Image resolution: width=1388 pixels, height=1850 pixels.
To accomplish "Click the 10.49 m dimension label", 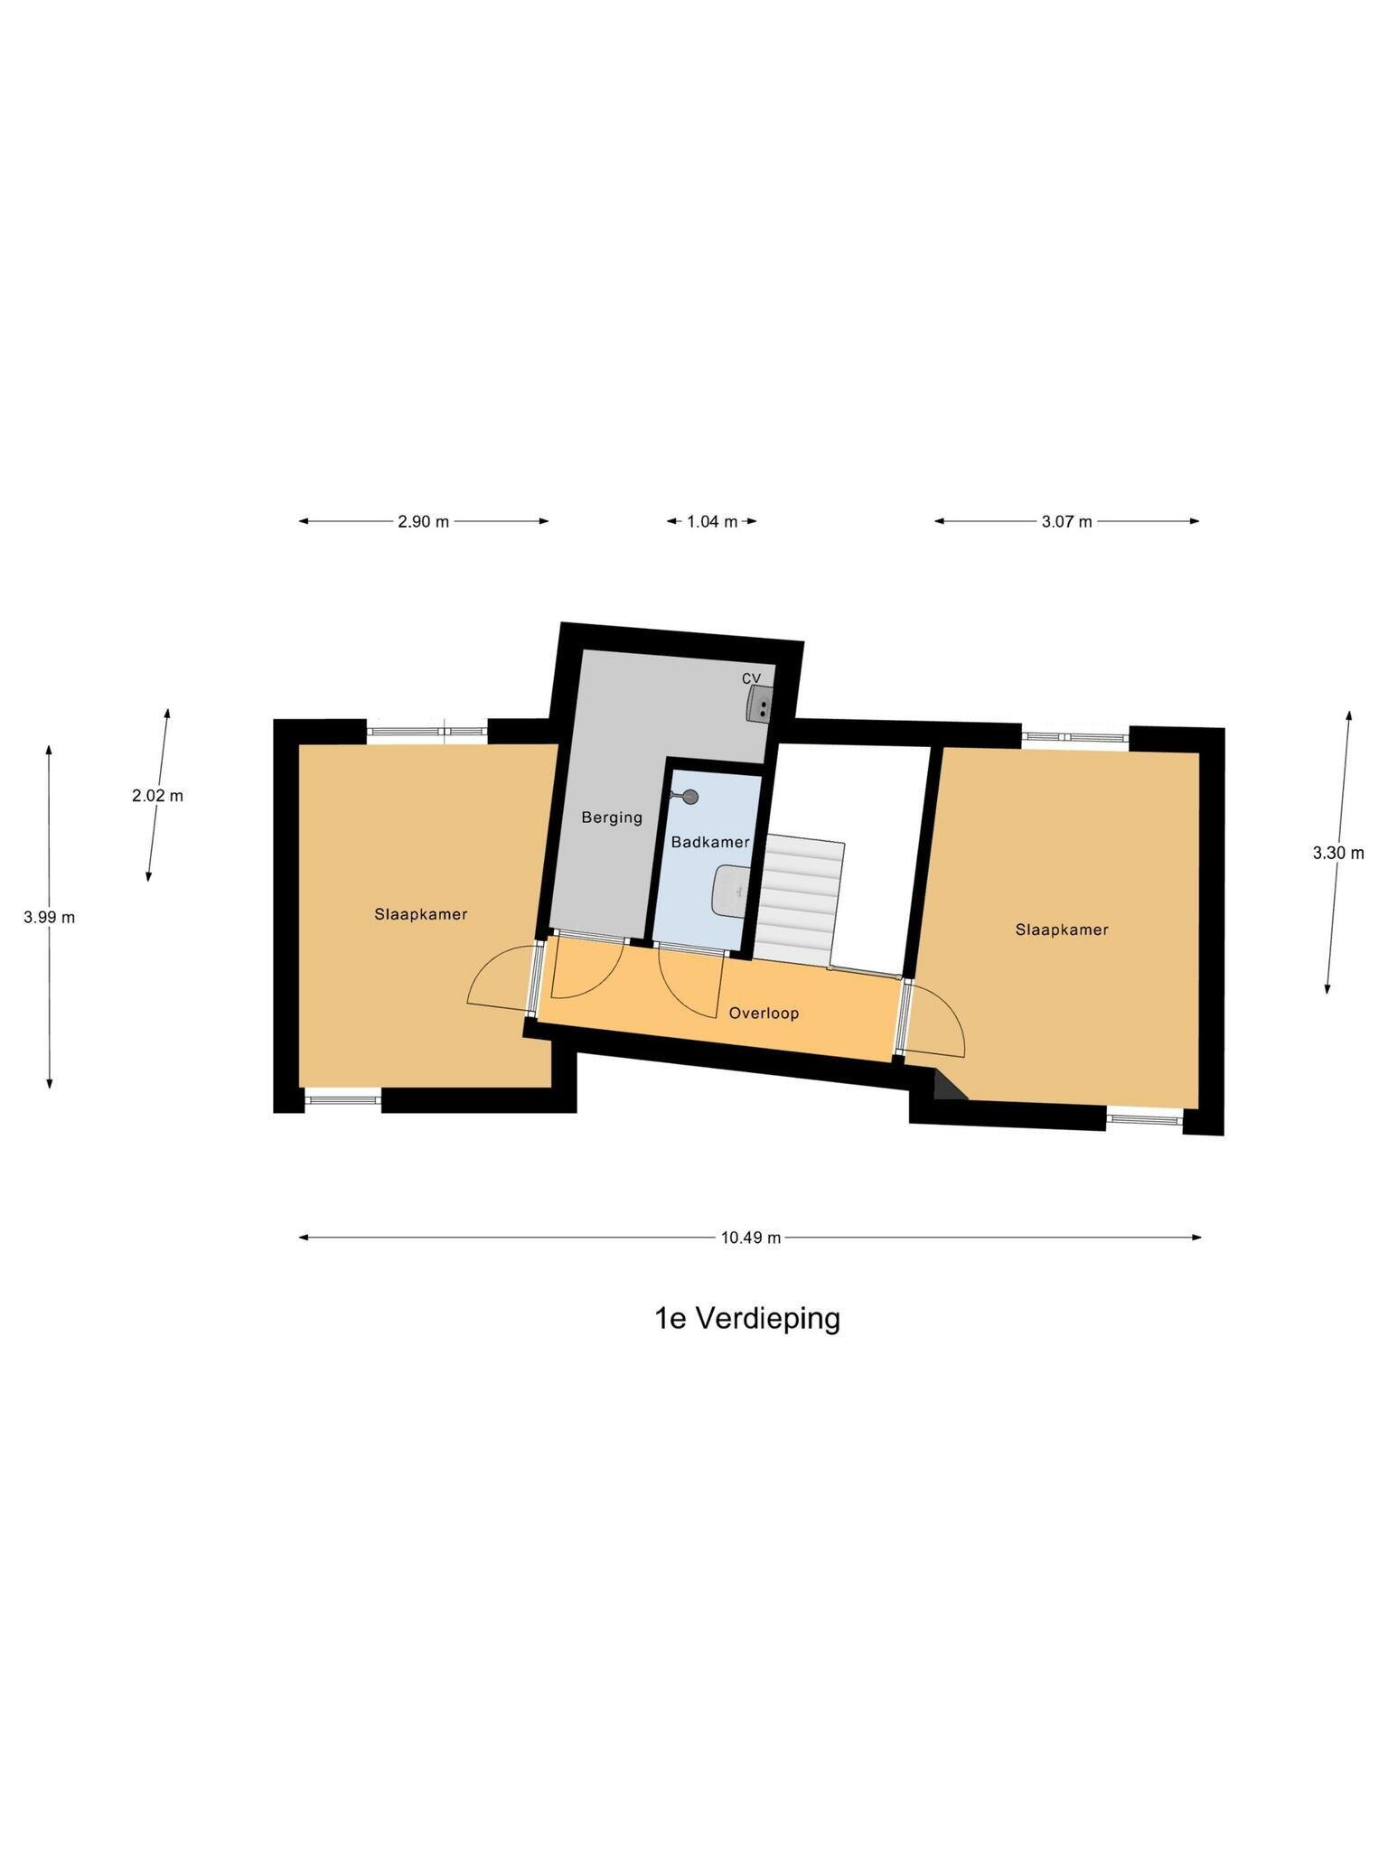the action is tap(750, 1238).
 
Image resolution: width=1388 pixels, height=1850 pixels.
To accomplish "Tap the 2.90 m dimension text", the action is tap(423, 521).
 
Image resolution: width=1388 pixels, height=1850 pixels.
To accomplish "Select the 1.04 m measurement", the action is tap(712, 521).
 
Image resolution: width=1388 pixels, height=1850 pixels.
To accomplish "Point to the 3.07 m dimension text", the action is tap(1066, 521).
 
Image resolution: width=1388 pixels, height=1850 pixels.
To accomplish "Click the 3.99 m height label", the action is tap(49, 917).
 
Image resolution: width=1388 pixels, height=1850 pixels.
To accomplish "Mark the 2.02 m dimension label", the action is tap(157, 796).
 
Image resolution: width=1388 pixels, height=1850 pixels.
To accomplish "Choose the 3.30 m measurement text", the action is tap(1338, 853).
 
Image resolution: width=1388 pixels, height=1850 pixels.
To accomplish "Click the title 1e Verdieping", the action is tap(747, 1319).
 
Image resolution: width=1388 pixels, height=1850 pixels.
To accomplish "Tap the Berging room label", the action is tap(612, 818).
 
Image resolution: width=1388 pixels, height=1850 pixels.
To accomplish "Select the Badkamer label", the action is tap(710, 842).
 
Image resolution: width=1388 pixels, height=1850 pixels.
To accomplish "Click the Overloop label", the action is tap(764, 1014).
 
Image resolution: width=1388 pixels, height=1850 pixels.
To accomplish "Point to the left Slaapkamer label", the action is tap(421, 914).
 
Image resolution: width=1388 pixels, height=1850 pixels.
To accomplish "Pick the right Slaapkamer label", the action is tap(1062, 930).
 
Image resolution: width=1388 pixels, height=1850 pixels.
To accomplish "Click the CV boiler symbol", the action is tap(759, 704).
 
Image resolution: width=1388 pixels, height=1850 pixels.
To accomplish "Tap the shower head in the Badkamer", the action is tap(689, 796).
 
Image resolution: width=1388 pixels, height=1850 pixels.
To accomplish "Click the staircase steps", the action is tap(799, 902).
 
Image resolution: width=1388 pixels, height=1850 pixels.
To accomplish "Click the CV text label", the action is tap(751, 678).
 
